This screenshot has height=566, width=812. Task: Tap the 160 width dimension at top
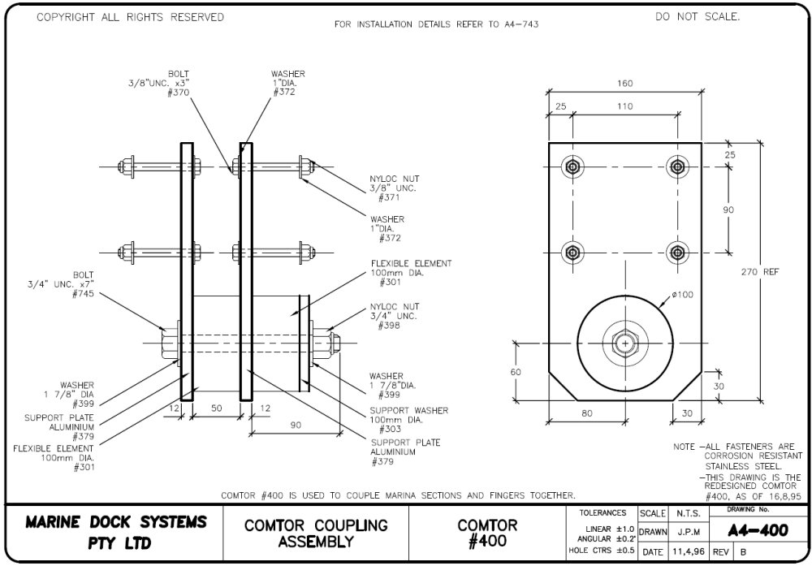click(x=624, y=84)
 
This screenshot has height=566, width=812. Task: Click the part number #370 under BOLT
click(x=179, y=93)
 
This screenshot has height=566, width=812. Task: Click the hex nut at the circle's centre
click(x=624, y=343)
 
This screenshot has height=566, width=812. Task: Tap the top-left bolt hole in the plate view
click(x=573, y=168)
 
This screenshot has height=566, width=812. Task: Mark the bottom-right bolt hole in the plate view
click(x=676, y=251)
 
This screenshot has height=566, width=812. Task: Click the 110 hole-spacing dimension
click(x=625, y=106)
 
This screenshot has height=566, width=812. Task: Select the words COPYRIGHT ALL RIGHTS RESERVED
click(x=130, y=18)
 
